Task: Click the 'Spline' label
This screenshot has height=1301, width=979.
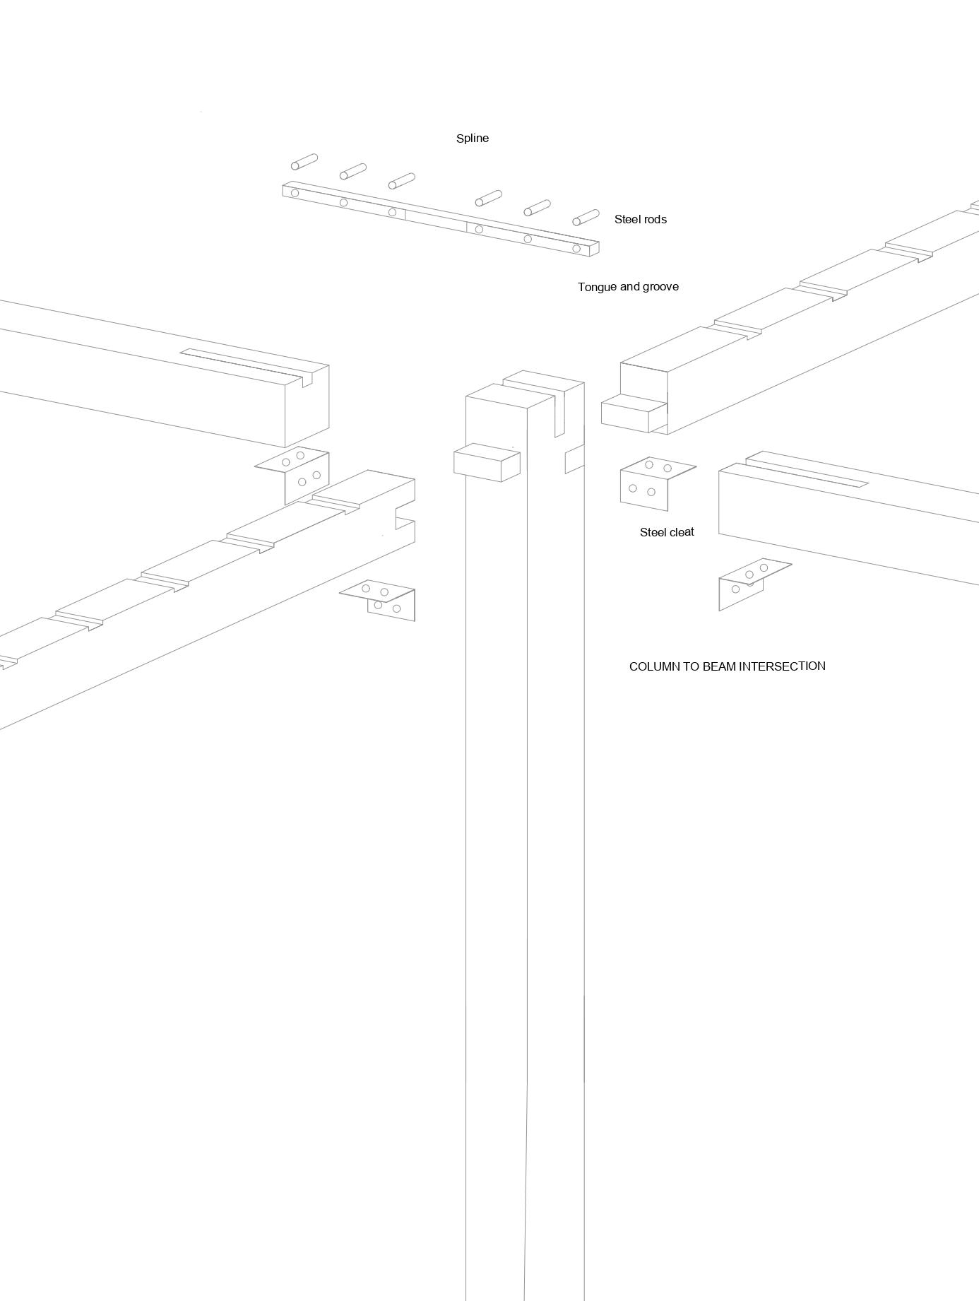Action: pos(472,139)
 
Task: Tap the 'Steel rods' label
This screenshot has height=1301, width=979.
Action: pos(640,220)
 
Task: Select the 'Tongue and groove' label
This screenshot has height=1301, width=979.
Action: pos(628,287)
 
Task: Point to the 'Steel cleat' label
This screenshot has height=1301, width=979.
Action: pos(667,532)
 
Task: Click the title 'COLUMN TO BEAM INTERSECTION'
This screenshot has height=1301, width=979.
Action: pos(727,666)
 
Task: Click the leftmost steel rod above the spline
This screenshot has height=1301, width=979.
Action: pos(304,162)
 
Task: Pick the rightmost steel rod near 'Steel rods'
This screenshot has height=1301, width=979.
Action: pos(586,217)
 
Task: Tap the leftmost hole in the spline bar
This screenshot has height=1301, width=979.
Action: pos(295,193)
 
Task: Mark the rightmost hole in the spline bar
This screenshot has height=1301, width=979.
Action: pos(576,249)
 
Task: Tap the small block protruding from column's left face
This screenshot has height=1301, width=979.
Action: pos(486,463)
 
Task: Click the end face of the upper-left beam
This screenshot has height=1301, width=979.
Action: pos(306,410)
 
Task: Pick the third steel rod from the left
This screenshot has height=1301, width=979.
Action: pos(401,181)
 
